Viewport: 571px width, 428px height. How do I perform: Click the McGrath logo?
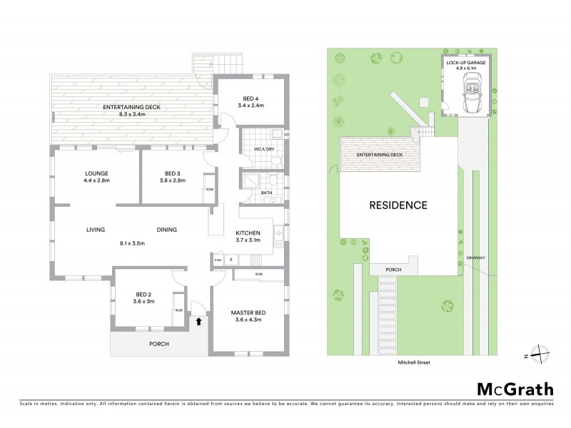click(x=515, y=389)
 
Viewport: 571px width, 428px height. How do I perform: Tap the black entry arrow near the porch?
click(x=199, y=322)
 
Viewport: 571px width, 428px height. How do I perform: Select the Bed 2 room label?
click(x=145, y=297)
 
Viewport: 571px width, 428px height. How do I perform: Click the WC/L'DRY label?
click(x=254, y=148)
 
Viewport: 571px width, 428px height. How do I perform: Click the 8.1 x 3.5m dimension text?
click(x=132, y=244)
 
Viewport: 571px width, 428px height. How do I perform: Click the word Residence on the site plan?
click(x=398, y=205)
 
